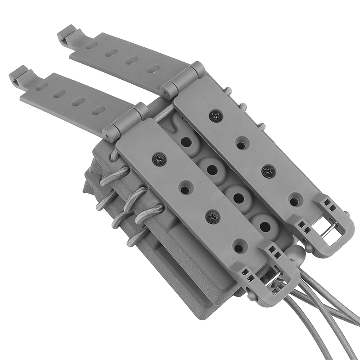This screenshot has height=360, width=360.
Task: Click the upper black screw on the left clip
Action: [x=159, y=158]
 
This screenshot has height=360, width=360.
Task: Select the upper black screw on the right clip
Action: [x=216, y=117]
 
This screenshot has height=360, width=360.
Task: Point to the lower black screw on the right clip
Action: [x=269, y=171]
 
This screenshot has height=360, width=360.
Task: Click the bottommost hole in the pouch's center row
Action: [x=265, y=226]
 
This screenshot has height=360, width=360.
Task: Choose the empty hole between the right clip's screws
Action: [x=241, y=145]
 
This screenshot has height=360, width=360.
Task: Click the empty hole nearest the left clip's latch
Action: [x=239, y=247]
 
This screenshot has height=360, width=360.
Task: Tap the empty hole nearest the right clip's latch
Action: [x=294, y=199]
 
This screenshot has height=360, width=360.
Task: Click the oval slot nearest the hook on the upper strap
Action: [x=90, y=45]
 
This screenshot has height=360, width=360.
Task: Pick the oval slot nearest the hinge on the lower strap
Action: [x=98, y=110]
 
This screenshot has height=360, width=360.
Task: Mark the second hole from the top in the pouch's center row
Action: [x=211, y=170]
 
